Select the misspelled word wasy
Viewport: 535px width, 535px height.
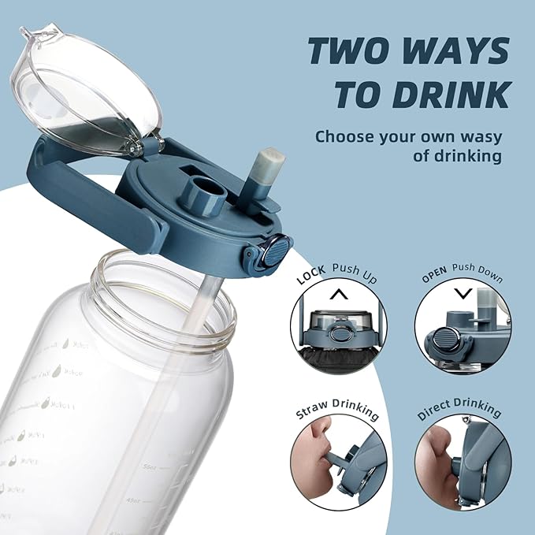(x=476, y=136)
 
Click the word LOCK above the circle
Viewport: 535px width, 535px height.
(x=312, y=278)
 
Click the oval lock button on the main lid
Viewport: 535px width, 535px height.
(x=271, y=254)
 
